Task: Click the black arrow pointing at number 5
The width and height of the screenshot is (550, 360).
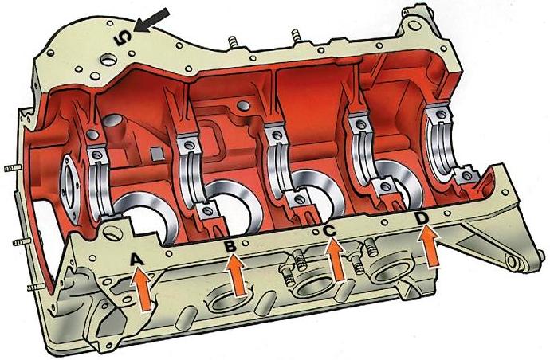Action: point(152,20)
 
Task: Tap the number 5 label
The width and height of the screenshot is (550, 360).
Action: point(123,38)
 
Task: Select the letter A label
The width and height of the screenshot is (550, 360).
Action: point(137,260)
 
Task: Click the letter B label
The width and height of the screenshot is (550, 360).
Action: point(230,246)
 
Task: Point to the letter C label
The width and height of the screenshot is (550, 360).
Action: point(330,231)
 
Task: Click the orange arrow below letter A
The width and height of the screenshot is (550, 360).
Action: point(142,288)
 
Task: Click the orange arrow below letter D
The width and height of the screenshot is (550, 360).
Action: point(430,245)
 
